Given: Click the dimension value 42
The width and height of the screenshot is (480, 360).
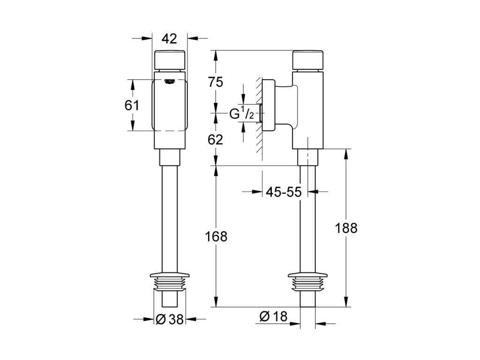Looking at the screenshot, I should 170,38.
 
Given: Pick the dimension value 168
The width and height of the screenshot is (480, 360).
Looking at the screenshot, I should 216,237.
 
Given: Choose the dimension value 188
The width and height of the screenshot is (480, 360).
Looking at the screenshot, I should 347,228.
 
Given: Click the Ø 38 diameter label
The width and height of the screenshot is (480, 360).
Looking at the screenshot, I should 169,319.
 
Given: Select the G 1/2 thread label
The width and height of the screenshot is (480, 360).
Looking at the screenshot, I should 242,113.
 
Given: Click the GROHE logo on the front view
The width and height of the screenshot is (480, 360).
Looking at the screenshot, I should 170,82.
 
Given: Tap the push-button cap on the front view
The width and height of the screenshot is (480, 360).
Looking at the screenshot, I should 170,60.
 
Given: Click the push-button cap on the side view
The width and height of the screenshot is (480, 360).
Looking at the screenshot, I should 307,60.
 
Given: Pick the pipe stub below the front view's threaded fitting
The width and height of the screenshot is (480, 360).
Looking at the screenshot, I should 170,299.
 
